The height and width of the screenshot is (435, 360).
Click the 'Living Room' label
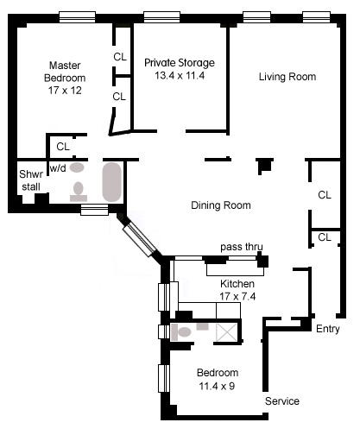287,77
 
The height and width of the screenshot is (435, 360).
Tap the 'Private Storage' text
180,63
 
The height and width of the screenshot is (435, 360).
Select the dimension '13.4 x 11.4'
180,75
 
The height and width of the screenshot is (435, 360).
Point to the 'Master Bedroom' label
65,72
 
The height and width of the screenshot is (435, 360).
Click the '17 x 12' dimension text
65,91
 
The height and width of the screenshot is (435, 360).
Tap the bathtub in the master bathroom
112,182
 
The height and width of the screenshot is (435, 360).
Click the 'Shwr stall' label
31,180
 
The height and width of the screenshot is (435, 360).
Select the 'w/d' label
58,167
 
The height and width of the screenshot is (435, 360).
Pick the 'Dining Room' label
221,205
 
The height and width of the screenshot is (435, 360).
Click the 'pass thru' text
242,247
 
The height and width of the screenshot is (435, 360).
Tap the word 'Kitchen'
237,284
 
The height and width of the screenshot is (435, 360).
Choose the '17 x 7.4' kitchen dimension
237,296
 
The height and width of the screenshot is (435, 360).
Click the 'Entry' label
328,329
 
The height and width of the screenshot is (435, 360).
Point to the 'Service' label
282,401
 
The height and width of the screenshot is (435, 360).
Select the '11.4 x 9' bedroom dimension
217,386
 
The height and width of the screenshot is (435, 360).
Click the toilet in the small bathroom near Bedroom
181,332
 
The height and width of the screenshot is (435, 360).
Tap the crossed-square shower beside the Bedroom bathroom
227,332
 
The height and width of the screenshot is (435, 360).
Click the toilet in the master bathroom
79,192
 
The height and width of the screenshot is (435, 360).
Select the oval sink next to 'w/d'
77,167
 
